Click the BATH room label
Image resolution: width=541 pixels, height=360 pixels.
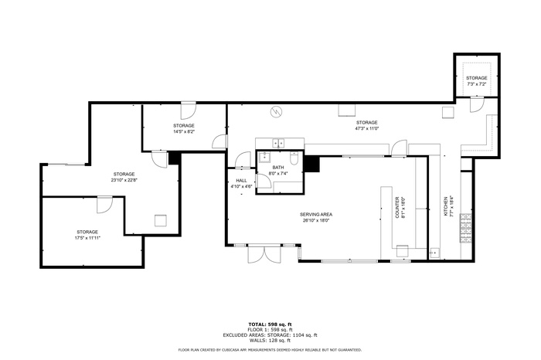pyautogui.click(x=277, y=167)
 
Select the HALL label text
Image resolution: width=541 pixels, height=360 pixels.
pyautogui.click(x=241, y=181)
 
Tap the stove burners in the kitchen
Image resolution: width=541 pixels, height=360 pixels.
pyautogui.click(x=465, y=226)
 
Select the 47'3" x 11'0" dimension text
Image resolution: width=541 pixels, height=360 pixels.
pyautogui.click(x=366, y=128)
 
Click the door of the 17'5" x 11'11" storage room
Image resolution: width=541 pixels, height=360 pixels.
pyautogui.click(x=104, y=205)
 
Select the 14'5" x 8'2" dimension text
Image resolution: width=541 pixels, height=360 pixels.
pyautogui.click(x=183, y=131)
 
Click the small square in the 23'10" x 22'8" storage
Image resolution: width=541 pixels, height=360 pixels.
pyautogui.click(x=160, y=219)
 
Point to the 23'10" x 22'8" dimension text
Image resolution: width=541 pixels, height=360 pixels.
pyautogui.click(x=124, y=180)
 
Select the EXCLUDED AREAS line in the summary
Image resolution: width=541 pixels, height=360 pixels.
pyautogui.click(x=270, y=335)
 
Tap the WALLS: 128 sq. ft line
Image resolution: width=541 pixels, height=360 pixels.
pyautogui.click(x=270, y=340)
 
